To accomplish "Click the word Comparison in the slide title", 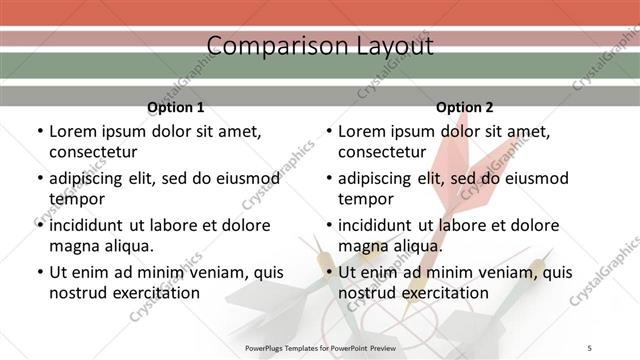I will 268,46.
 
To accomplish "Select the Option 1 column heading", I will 175,107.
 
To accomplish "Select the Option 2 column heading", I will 465,107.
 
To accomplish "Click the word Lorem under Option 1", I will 74,131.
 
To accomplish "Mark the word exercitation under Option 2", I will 441,293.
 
